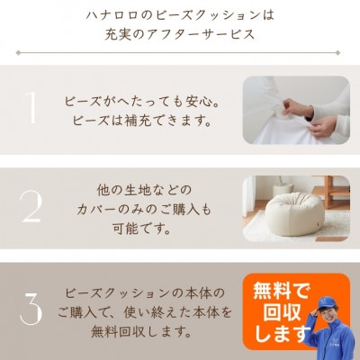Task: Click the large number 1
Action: point(31,108)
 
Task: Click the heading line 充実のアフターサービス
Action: point(179,35)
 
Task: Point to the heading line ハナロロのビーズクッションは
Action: point(179,15)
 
